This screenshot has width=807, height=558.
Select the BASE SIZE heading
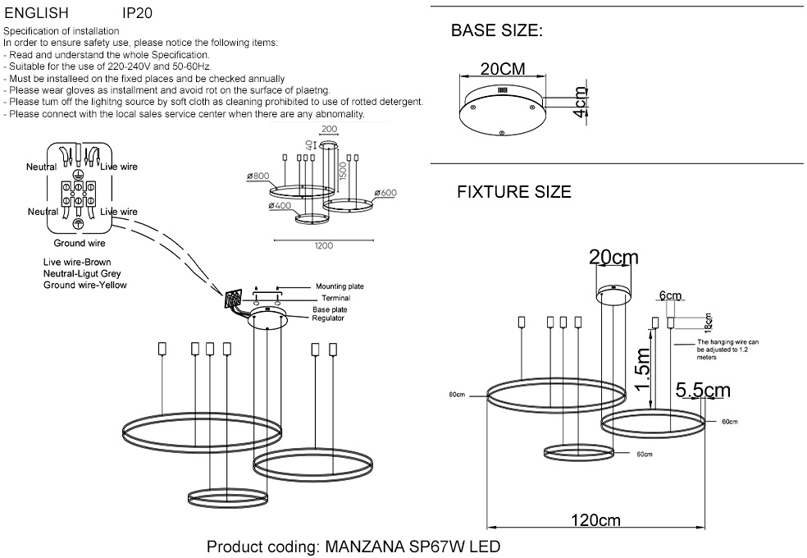pos(497,32)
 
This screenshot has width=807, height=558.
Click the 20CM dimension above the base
pos(503,69)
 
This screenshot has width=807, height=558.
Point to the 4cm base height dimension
pos(581,103)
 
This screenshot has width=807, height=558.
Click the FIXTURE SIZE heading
pos(513,193)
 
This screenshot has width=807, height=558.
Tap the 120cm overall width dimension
pos(596,520)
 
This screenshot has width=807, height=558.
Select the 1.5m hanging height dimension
pos(644,369)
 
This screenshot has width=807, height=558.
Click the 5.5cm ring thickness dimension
pos(702,390)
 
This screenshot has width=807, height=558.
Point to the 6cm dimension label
pos(670,295)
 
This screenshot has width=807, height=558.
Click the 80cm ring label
pos(457,395)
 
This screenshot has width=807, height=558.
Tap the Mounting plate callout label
pos(340,286)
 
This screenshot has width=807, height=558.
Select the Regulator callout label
pos(328,318)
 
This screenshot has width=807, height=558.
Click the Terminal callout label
pos(335,298)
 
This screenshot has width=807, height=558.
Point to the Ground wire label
pos(80,244)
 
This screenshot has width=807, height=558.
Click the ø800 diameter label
pos(258,176)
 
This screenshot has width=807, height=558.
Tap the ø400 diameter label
pos(280,205)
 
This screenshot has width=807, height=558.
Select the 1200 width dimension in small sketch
pos(323,245)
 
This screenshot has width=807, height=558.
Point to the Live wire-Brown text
pos(77,263)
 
